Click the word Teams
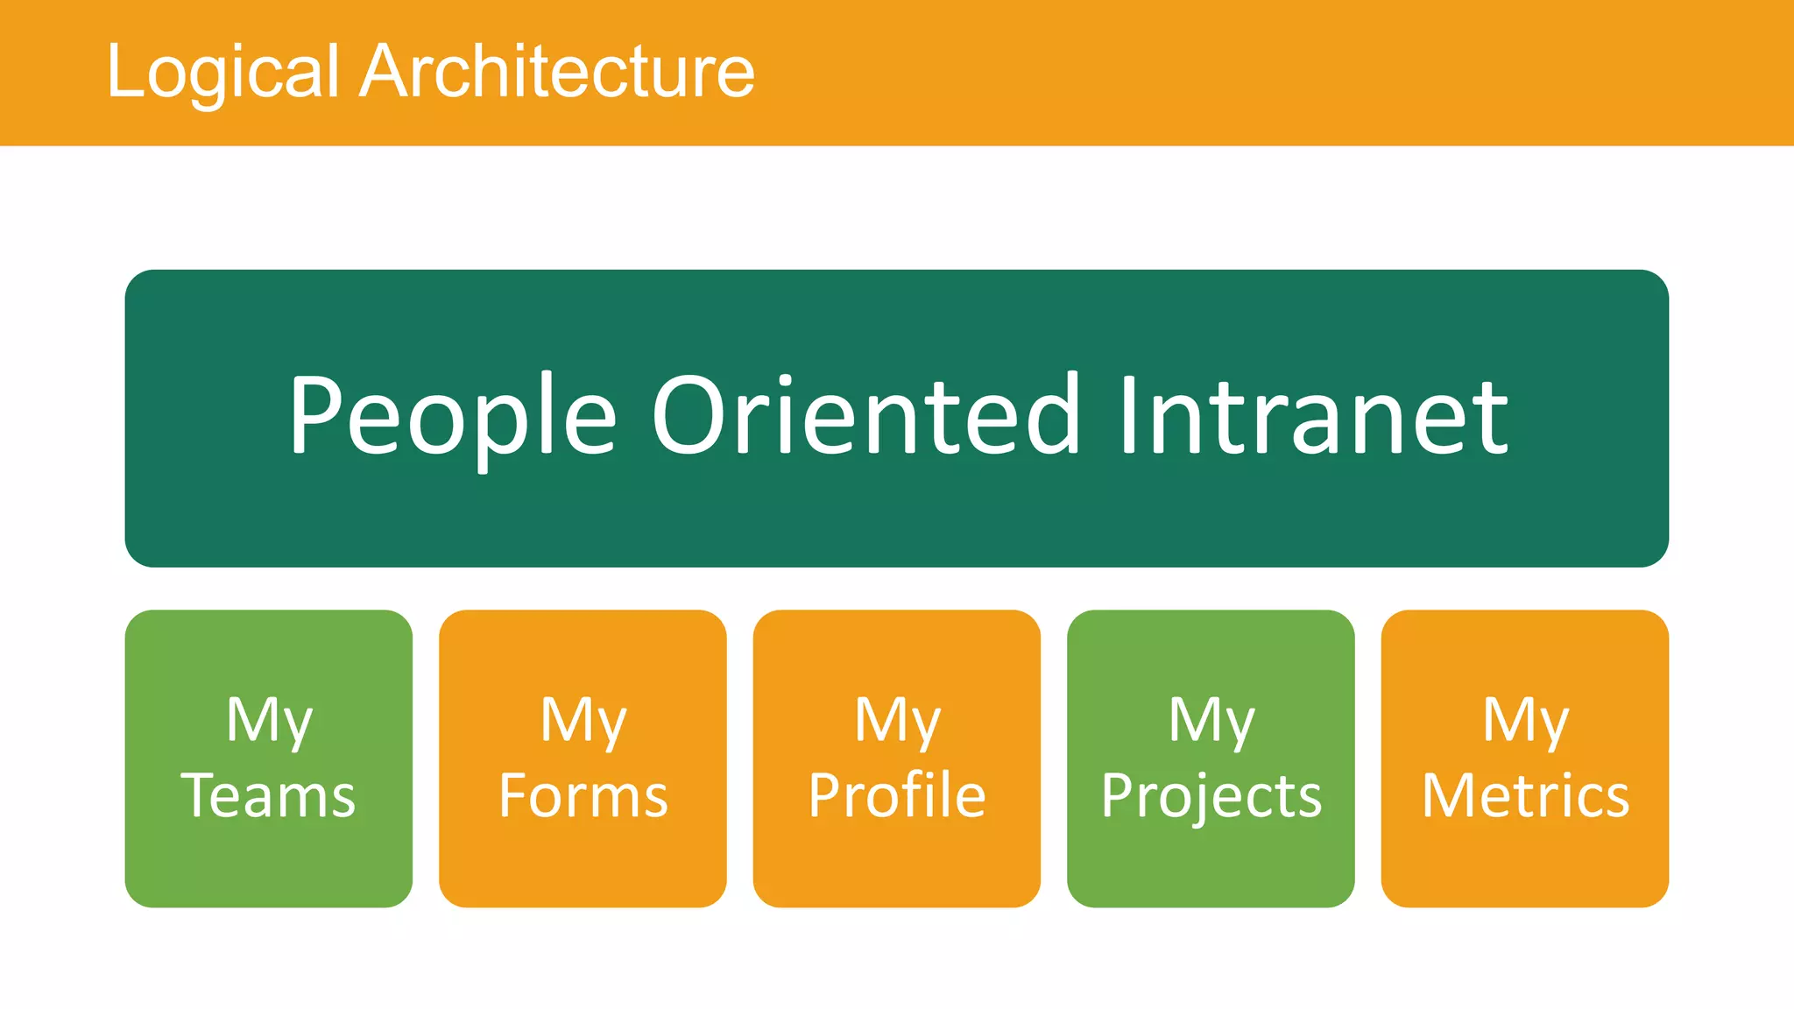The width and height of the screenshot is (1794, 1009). click(x=268, y=795)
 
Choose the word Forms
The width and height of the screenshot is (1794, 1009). click(x=583, y=795)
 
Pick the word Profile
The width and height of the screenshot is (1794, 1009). click(x=897, y=795)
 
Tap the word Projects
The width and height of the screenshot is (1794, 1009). click(x=1211, y=795)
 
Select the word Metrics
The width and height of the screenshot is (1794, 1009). click(x=1525, y=795)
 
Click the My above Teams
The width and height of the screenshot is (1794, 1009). click(x=268, y=720)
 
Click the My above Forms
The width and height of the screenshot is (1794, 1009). click(x=583, y=720)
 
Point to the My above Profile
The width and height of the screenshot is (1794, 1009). click(x=897, y=720)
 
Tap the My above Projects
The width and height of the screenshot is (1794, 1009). click(x=1211, y=720)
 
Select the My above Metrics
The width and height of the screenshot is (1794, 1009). click(x=1525, y=720)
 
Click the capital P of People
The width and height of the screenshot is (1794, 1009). click(x=321, y=413)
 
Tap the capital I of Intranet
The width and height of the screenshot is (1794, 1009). click(x=1129, y=413)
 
